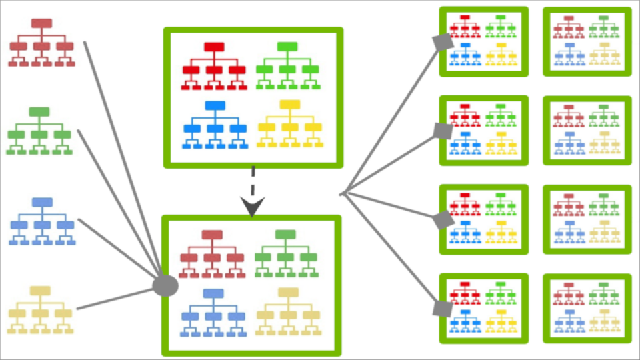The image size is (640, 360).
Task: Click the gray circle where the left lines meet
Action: click(x=165, y=286)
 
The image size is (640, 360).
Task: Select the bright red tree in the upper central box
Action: click(x=213, y=66)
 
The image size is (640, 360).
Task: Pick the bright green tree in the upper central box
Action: click(x=287, y=66)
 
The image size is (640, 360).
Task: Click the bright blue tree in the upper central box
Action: click(x=214, y=125)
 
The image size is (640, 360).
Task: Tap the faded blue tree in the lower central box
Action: click(x=212, y=313)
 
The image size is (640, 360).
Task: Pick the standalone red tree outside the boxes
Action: click(x=41, y=43)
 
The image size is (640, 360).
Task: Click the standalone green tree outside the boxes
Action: click(x=39, y=131)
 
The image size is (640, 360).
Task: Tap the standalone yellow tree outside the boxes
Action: click(x=41, y=310)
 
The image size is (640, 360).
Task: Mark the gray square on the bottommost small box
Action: click(x=441, y=309)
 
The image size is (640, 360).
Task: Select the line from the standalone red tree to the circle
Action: click(x=123, y=160)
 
